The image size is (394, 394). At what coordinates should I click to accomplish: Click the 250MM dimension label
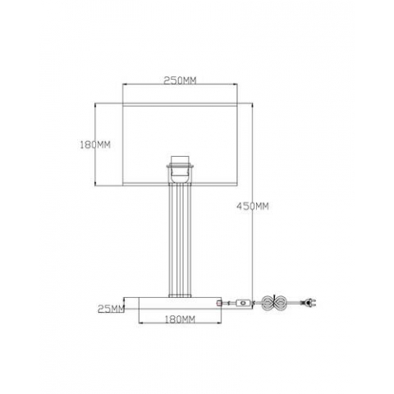[180, 80]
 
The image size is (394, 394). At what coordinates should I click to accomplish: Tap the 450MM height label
[252, 206]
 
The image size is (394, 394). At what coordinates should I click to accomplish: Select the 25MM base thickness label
[111, 309]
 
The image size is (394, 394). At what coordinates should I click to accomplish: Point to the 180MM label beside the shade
[95, 144]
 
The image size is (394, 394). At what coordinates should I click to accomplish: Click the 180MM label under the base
[180, 319]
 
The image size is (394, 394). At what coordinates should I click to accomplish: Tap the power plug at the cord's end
[309, 303]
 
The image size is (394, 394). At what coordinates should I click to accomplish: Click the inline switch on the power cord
[243, 303]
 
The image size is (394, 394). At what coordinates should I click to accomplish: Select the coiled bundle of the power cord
[274, 303]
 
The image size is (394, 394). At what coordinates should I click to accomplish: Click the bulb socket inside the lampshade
[180, 170]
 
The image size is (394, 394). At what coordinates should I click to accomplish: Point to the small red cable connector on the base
[219, 303]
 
